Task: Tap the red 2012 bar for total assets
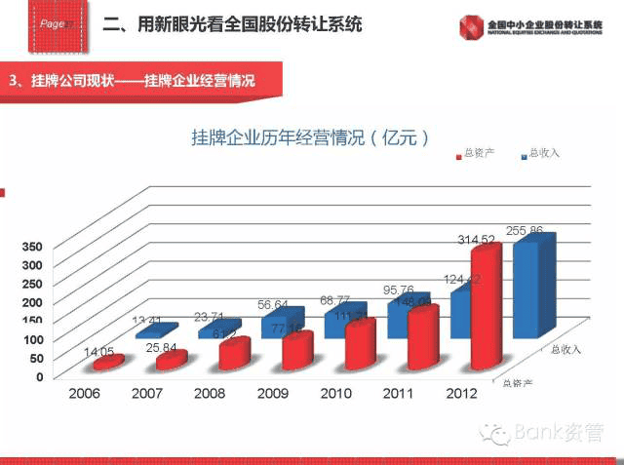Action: [x=486, y=307]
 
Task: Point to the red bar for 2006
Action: [x=108, y=363]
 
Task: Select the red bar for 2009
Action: [x=297, y=351]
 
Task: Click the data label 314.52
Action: [x=478, y=239]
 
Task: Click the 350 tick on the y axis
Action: [x=33, y=248]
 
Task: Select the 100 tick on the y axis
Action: [x=33, y=339]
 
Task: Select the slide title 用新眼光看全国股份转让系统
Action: [x=234, y=23]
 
